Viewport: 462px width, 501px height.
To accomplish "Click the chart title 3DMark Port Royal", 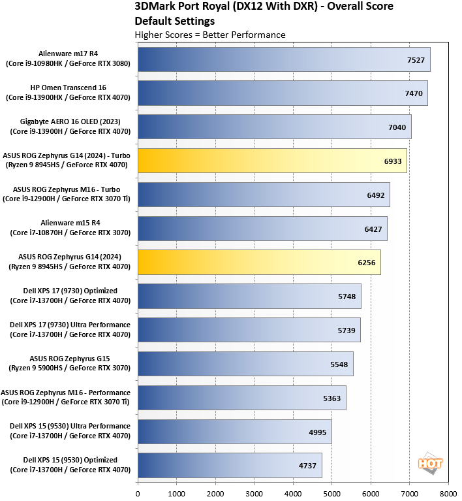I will point(264,8).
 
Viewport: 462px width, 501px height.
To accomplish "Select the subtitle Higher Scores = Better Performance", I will point(209,35).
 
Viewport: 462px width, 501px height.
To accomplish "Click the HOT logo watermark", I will point(430,462).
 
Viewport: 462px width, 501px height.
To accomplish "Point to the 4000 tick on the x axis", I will point(293,493).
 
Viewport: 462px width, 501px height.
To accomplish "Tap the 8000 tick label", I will point(448,493).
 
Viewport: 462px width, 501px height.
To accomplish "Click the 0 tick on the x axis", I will point(138,493).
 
